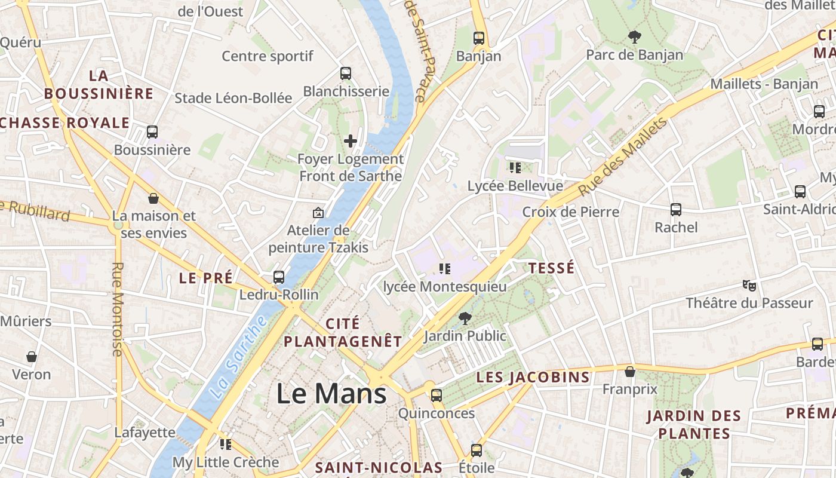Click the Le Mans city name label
pyautogui.click(x=331, y=394)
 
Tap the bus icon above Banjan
pyautogui.click(x=478, y=38)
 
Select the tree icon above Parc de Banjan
pyautogui.click(x=634, y=37)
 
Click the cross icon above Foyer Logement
pyautogui.click(x=351, y=142)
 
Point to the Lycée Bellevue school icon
pyautogui.click(x=515, y=168)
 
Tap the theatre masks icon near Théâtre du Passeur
pyautogui.click(x=749, y=285)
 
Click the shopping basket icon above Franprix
pyautogui.click(x=629, y=372)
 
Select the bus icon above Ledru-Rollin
pyautogui.click(x=279, y=277)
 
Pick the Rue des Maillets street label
pyautogui.click(x=623, y=156)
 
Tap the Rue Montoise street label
pyautogui.click(x=118, y=309)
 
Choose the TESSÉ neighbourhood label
pyautogui.click(x=552, y=268)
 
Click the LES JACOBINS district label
pyautogui.click(x=533, y=378)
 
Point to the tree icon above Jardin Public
pyautogui.click(x=465, y=318)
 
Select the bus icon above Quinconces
pyautogui.click(x=437, y=395)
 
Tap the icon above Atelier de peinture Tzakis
pyautogui.click(x=318, y=213)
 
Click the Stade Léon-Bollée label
pyautogui.click(x=233, y=98)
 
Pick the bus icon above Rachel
pyautogui.click(x=676, y=210)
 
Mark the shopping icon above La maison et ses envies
pyautogui.click(x=153, y=198)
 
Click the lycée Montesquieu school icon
pyautogui.click(x=444, y=269)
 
